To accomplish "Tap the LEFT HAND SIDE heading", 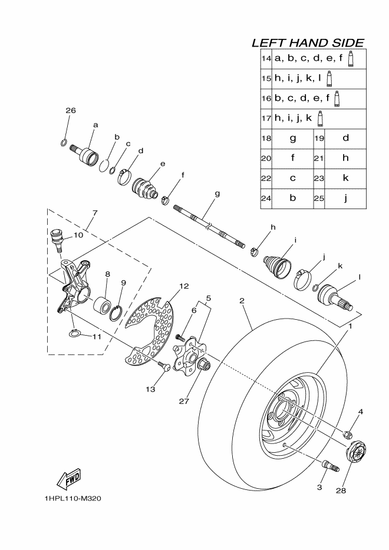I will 307,42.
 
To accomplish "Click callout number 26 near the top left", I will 71,111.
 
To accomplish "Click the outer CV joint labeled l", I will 334,296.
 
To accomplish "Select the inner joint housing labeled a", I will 88,156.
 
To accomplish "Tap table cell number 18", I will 266,138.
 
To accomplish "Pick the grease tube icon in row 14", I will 350,58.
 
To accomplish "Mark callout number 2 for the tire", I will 242,301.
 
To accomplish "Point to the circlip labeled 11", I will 74,334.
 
